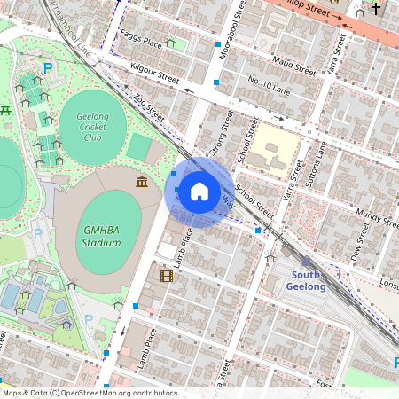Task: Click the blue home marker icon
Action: [199, 192]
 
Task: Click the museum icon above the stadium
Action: [142, 182]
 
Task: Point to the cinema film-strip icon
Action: [166, 276]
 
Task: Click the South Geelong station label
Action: [309, 280]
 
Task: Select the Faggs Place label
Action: [142, 42]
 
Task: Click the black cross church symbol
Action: [376, 10]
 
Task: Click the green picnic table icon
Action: [5, 110]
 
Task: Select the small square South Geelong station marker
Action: [306, 262]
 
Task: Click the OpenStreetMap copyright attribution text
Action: [90, 393]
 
